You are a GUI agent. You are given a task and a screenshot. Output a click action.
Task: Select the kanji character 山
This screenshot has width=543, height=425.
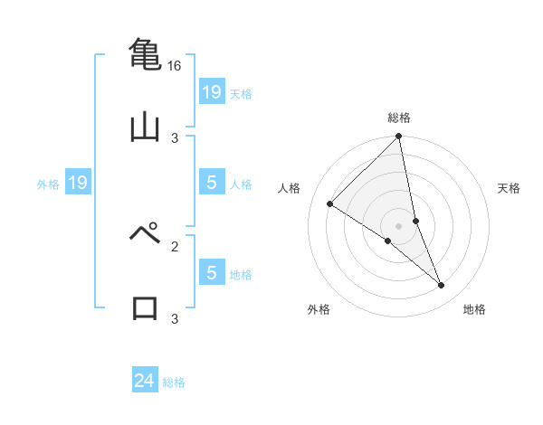pyautogui.click(x=145, y=126)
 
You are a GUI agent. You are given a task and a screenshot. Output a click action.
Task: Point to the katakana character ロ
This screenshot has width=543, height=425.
pyautogui.click(x=146, y=307)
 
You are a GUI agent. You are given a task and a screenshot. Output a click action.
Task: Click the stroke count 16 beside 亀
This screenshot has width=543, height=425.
pyautogui.click(x=175, y=66)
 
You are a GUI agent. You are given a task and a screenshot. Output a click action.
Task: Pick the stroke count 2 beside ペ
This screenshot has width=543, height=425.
pyautogui.click(x=175, y=245)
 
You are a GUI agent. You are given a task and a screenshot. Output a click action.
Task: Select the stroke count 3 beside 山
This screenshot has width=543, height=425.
pyautogui.click(x=175, y=137)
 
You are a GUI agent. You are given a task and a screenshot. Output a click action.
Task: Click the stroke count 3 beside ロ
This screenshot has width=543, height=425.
pyautogui.click(x=175, y=318)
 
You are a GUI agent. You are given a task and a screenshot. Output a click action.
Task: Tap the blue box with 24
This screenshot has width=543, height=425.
pyautogui.click(x=145, y=381)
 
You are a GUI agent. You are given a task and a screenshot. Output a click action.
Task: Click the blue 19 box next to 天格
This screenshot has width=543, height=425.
pyautogui.click(x=211, y=92)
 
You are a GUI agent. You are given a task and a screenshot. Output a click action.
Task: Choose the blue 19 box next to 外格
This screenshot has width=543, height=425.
pyautogui.click(x=78, y=184)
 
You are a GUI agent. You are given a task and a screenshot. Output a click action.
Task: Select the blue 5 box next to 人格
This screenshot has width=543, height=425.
pyautogui.click(x=211, y=184)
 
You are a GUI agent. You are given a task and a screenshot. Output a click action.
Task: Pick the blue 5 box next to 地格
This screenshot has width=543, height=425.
pyautogui.click(x=211, y=273)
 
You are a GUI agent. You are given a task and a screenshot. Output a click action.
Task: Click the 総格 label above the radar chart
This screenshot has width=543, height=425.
pyautogui.click(x=399, y=118)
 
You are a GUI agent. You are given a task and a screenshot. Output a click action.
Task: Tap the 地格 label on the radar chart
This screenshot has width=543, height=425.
pyautogui.click(x=474, y=309)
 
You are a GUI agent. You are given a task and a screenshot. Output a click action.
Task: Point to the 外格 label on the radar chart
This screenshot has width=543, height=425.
pyautogui.click(x=319, y=309)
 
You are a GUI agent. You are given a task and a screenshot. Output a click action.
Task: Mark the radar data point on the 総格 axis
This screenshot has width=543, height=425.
pyautogui.click(x=399, y=137)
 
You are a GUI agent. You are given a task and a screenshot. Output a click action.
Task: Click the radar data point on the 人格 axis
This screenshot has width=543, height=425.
pyautogui.click(x=330, y=204)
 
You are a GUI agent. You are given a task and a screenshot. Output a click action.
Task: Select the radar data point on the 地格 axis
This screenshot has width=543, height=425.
pyautogui.click(x=442, y=286)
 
